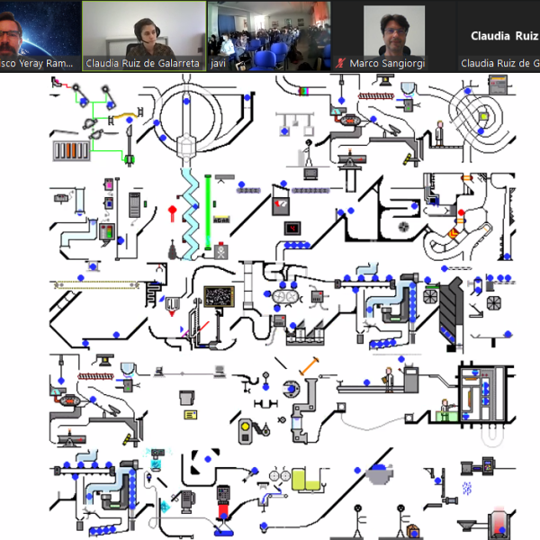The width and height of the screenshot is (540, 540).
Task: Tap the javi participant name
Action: click(217, 64)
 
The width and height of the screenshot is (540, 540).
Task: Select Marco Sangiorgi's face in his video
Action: click(391, 32)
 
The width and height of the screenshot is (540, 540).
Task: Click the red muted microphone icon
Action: click(340, 64)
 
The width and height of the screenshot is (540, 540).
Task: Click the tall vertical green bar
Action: click(208, 208)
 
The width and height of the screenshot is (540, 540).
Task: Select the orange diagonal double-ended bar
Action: click(310, 365)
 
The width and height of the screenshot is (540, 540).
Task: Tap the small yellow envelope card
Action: click(189, 415)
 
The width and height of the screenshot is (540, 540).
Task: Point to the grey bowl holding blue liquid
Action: click(381, 471)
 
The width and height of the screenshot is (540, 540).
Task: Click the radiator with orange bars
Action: click(68, 149)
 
